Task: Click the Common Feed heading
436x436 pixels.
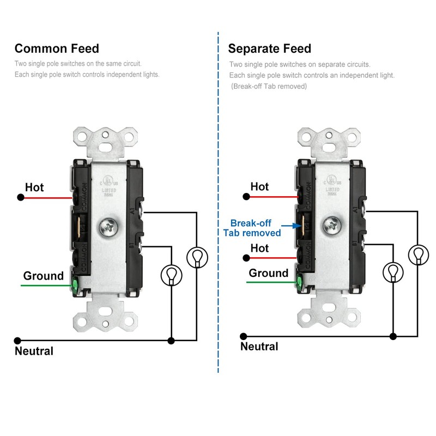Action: pyautogui.click(x=57, y=49)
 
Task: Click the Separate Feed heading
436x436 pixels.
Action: pyautogui.click(x=269, y=49)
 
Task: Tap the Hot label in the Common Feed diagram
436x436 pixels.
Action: pyautogui.click(x=34, y=187)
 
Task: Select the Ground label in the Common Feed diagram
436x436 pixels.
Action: pyautogui.click(x=43, y=276)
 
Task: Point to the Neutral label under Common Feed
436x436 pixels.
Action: pyautogui.click(x=34, y=351)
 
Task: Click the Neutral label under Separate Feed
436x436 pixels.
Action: pyautogui.click(x=259, y=346)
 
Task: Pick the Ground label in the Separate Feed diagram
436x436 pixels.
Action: pyautogui.click(x=268, y=273)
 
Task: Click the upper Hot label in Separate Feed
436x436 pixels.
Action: pyautogui.click(x=259, y=186)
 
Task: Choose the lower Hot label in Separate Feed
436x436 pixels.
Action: pyautogui.click(x=259, y=248)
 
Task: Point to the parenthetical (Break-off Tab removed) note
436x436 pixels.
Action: pyautogui.click(x=269, y=87)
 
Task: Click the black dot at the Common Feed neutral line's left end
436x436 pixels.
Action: pyautogui.click(x=18, y=340)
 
